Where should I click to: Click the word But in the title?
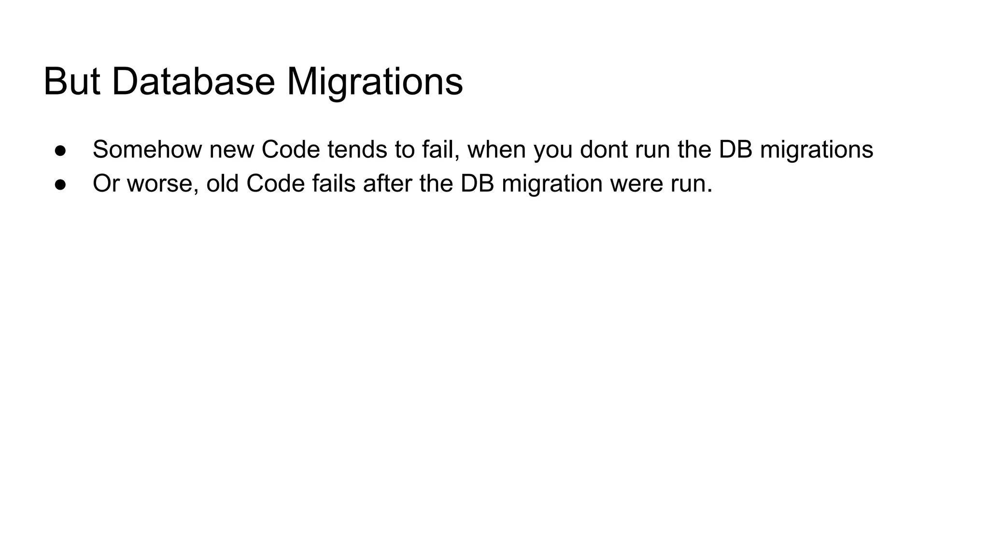point(72,82)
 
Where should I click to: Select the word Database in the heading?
point(193,82)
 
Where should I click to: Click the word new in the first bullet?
point(231,150)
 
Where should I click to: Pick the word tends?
point(357,149)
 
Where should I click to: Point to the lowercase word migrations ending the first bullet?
point(816,150)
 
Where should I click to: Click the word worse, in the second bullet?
point(163,184)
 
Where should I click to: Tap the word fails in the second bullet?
point(334,183)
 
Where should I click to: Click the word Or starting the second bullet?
point(106,183)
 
